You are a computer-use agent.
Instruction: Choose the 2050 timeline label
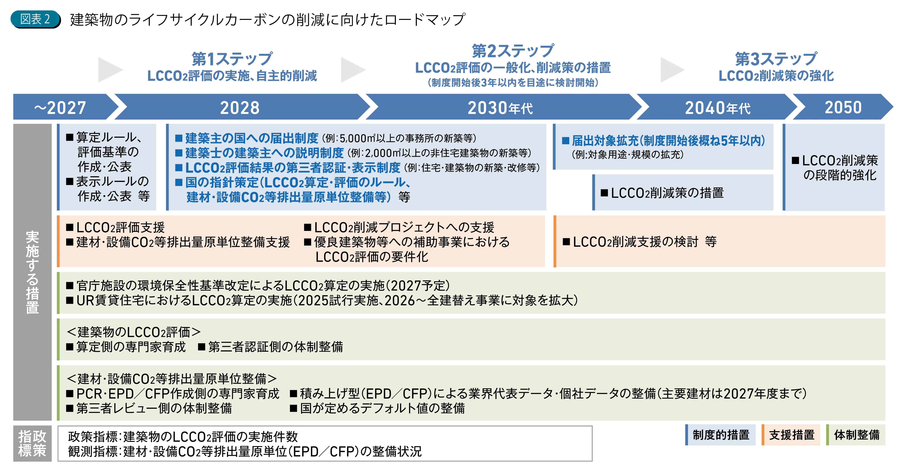click(843, 107)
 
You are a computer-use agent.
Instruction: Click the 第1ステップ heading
click(232, 59)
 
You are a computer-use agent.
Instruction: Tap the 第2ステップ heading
click(513, 51)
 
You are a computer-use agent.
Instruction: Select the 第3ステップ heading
click(776, 59)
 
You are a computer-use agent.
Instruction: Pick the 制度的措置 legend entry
click(720, 435)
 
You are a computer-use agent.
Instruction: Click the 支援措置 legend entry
click(791, 435)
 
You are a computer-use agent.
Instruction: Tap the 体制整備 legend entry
click(856, 435)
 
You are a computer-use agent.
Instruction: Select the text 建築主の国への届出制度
click(252, 138)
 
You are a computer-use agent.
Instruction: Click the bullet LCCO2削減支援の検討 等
click(639, 242)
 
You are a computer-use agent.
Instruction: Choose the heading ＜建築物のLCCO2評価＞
click(134, 332)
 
